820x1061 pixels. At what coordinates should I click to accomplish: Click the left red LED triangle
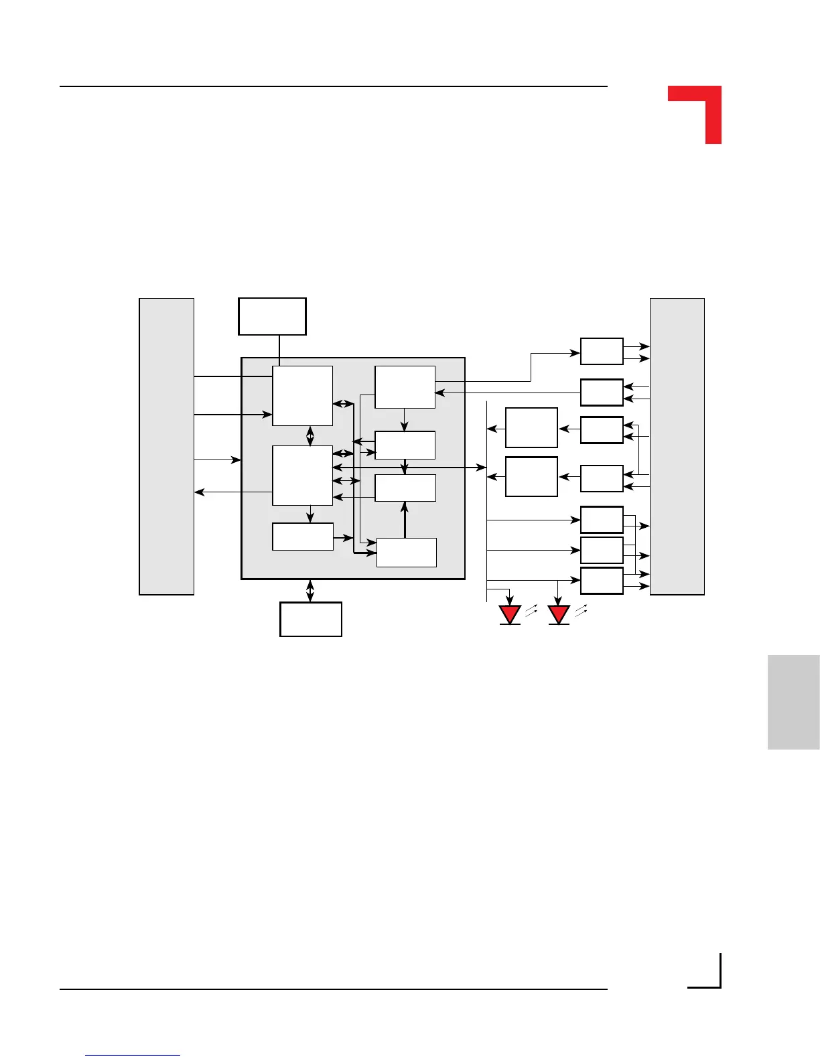[510, 614]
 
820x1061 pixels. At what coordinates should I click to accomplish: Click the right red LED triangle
[559, 614]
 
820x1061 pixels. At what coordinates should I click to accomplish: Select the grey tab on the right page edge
[793, 702]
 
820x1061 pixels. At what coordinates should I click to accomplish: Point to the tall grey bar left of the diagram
[166, 446]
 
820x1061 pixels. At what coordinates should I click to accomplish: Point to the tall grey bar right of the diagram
[677, 446]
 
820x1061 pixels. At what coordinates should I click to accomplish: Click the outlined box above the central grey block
[272, 316]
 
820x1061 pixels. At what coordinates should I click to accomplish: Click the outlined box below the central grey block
[311, 619]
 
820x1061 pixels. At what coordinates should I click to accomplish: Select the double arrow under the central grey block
[310, 590]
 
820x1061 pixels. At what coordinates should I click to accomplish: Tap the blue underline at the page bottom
[133, 1055]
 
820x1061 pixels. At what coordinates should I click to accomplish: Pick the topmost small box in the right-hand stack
[602, 352]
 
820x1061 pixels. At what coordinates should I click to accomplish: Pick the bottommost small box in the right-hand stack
[602, 581]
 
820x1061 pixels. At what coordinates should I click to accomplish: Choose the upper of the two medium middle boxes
[531, 427]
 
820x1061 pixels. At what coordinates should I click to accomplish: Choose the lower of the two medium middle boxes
[531, 476]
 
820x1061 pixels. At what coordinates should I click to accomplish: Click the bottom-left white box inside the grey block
[303, 537]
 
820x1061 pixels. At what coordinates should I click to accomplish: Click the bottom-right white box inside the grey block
[407, 553]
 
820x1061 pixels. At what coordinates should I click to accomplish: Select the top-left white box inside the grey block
[302, 395]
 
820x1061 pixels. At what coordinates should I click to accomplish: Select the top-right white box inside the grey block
[405, 387]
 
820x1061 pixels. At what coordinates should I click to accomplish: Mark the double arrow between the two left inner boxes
[310, 436]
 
